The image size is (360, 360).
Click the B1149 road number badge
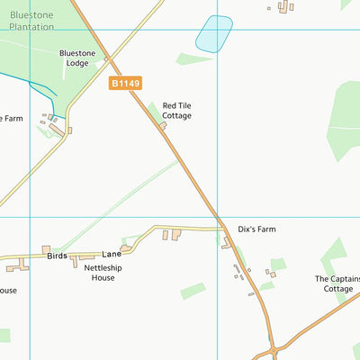click(x=126, y=83)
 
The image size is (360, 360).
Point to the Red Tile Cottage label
click(x=176, y=111)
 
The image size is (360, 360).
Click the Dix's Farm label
click(x=256, y=229)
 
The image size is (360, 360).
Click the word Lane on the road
click(x=110, y=255)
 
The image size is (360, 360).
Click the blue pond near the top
click(x=214, y=33)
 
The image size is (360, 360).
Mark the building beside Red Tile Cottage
click(x=163, y=126)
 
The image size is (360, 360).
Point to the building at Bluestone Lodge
click(x=106, y=60)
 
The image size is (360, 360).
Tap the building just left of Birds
click(x=46, y=249)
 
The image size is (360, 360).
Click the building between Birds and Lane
click(x=87, y=260)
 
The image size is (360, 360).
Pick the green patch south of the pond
click(x=194, y=59)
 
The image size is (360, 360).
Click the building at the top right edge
click(x=285, y=7)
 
